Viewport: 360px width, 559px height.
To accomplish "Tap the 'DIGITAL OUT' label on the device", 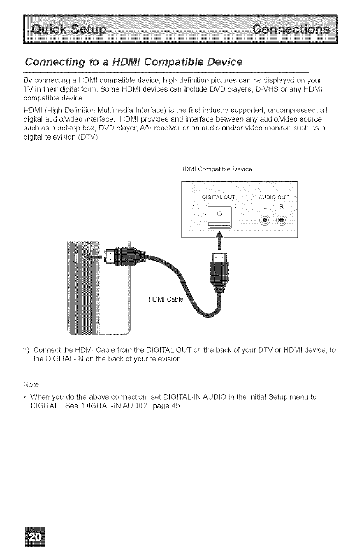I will click(219, 198).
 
